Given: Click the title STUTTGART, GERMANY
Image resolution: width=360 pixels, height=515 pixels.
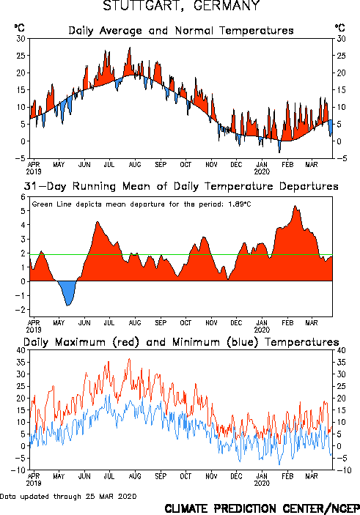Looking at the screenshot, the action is [x=182, y=5].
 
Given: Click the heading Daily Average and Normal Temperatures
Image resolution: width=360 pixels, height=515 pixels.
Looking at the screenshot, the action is [x=181, y=31].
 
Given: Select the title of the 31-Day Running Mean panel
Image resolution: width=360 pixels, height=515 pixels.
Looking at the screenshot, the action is [x=181, y=186].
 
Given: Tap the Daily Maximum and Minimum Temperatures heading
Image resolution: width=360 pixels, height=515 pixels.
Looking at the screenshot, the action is [x=181, y=342].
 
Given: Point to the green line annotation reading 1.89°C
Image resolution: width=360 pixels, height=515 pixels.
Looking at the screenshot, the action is [x=142, y=204].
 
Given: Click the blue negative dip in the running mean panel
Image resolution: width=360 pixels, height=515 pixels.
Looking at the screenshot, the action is [x=67, y=292].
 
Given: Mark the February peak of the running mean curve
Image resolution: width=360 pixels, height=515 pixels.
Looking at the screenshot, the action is [x=295, y=206].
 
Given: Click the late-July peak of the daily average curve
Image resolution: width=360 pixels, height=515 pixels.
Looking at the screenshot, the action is [x=130, y=48].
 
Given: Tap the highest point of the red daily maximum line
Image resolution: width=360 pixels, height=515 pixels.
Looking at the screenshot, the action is [x=129, y=359].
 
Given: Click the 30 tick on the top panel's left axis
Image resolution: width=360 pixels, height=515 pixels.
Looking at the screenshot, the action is [x=21, y=39].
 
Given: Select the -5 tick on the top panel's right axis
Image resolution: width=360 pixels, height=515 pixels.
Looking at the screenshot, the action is [x=341, y=158].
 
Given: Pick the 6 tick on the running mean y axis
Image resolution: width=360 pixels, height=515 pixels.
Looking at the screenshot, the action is [x=23, y=197].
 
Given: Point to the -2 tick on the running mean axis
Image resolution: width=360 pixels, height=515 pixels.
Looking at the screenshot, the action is [x=21, y=310].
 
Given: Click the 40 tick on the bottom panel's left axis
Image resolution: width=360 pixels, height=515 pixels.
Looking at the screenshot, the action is [x=21, y=350].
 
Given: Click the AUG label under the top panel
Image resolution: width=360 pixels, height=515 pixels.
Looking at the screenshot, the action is [x=135, y=165].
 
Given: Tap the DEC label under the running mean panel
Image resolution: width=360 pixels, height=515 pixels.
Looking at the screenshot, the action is [x=236, y=323].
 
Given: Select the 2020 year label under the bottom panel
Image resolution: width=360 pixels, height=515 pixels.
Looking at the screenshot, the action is [x=262, y=483].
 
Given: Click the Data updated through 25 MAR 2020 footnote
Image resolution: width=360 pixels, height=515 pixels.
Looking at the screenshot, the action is [x=68, y=496].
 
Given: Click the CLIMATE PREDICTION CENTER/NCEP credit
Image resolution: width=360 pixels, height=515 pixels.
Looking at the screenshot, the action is [x=262, y=508].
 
